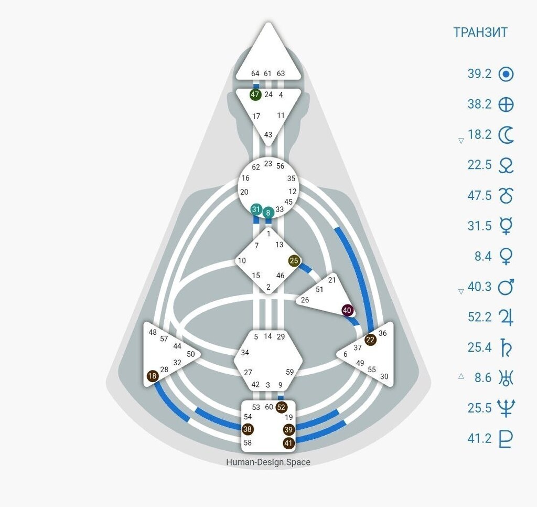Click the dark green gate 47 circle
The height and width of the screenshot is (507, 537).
(255, 94)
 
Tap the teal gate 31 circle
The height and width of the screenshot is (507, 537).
(256, 209)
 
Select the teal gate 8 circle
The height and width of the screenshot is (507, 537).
(268, 213)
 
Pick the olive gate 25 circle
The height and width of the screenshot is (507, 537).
(294, 261)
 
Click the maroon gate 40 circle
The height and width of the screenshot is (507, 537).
(347, 310)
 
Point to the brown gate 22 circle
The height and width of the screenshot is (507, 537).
(371, 340)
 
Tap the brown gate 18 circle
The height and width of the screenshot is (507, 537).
(153, 376)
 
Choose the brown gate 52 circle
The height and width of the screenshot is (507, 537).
(281, 407)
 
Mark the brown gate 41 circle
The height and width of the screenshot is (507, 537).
(288, 443)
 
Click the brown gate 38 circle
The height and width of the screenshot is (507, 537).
(248, 429)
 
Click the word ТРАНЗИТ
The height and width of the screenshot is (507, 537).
(480, 32)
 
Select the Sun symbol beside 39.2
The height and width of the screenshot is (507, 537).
(506, 74)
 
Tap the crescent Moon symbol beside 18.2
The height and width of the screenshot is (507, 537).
(506, 135)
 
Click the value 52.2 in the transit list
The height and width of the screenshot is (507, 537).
(479, 317)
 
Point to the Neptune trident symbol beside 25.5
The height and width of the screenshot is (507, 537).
(506, 408)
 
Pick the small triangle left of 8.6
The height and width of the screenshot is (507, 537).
(461, 376)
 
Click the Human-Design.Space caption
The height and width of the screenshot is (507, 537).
(268, 462)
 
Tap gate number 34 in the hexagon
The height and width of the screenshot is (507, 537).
(245, 353)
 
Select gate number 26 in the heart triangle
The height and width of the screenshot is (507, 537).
(305, 300)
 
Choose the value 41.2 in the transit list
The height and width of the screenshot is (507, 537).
(479, 438)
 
